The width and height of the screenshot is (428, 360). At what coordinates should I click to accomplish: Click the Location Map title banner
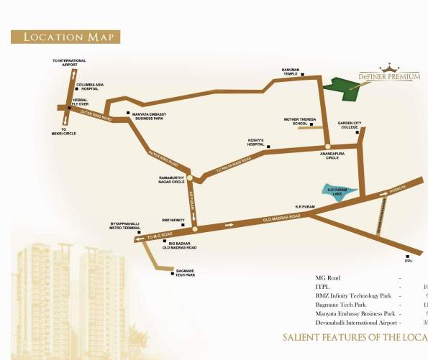tap(65, 37)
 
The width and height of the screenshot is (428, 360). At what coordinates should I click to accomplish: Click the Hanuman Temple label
tap(291, 71)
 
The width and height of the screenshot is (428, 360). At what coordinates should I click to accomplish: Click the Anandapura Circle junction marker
tap(329, 147)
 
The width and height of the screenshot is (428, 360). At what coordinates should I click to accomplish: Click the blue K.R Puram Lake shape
tap(337, 193)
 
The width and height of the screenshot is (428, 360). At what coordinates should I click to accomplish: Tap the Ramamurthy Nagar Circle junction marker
tap(191, 178)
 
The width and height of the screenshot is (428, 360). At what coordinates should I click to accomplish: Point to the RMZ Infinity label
tap(173, 220)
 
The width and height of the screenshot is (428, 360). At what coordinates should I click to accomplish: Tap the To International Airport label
tap(69, 63)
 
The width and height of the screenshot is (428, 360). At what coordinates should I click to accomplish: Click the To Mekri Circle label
tap(69, 131)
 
